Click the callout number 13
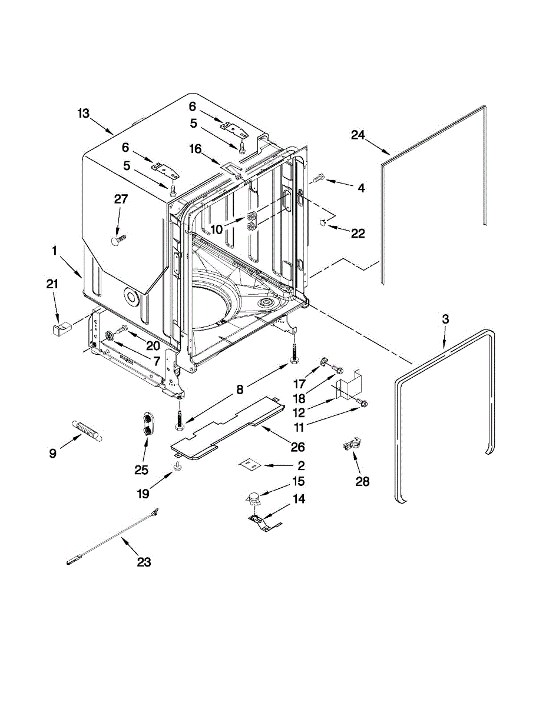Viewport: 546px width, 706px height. (84, 113)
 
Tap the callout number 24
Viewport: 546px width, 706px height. (359, 135)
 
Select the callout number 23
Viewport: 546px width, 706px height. (144, 562)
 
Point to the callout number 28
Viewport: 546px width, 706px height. (362, 482)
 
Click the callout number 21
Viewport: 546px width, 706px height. (53, 285)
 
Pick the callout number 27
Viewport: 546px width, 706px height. (121, 199)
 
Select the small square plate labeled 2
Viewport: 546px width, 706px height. (249, 465)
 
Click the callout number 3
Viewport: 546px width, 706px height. (445, 319)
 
